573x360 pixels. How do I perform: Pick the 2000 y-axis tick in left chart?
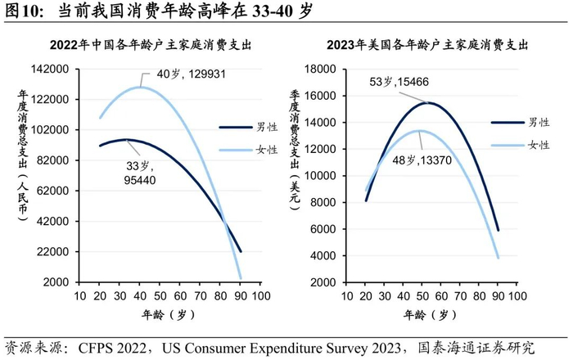click(59, 281)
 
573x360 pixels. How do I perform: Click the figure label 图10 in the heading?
click(24, 11)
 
